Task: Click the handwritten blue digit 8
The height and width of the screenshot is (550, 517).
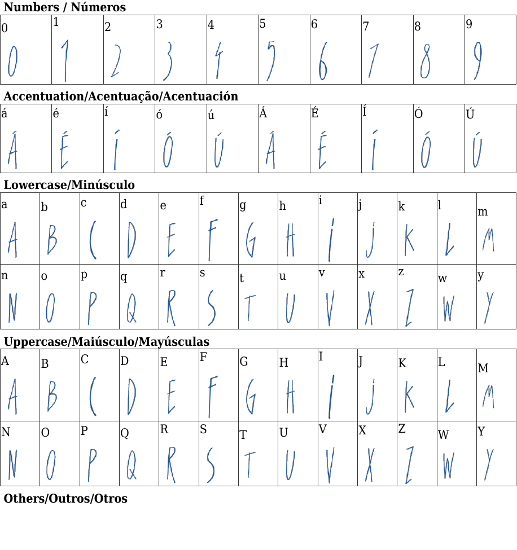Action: (x=426, y=61)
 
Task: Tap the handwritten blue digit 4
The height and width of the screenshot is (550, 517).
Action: (x=219, y=60)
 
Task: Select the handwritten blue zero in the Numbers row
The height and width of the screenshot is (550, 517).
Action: (x=12, y=61)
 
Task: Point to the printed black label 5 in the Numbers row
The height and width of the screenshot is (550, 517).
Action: (x=262, y=24)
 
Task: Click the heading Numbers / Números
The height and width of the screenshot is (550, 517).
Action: (x=65, y=7)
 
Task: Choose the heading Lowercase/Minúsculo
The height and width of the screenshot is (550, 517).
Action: (x=69, y=185)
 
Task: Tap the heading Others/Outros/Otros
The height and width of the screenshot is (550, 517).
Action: (x=65, y=499)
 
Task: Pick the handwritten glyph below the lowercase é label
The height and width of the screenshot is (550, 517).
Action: (x=64, y=150)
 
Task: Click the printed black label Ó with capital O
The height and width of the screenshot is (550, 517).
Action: (x=418, y=113)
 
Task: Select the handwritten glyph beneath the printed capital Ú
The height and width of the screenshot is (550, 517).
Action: (x=476, y=150)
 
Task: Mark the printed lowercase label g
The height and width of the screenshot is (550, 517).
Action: (x=243, y=205)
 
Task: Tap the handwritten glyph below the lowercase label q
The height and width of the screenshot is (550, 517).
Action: (x=132, y=307)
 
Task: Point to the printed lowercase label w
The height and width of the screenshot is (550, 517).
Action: (x=442, y=279)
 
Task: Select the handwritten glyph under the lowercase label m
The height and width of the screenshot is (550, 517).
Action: (x=488, y=240)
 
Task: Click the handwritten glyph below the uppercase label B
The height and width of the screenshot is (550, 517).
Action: (x=52, y=396)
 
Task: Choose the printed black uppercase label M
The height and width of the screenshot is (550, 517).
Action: (x=483, y=368)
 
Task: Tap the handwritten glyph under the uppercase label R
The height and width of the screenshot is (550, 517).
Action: (x=171, y=464)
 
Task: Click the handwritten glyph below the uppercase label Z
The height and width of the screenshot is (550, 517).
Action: (x=409, y=465)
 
